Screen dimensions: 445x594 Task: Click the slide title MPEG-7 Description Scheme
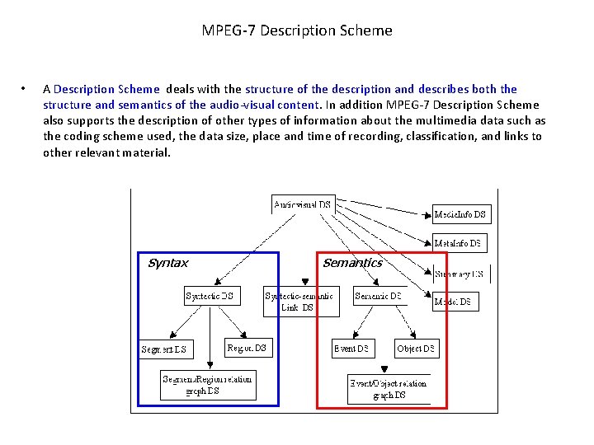pyautogui.click(x=297, y=31)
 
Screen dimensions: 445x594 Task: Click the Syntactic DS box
pyautogui.click(x=211, y=295)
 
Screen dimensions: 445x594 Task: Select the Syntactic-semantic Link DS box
pyautogui.click(x=301, y=302)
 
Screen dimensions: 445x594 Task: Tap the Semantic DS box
pyautogui.click(x=379, y=295)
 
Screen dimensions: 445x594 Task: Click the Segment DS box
pyautogui.click(x=165, y=349)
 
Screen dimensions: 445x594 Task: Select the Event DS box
pyautogui.click(x=352, y=348)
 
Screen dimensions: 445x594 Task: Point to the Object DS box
pyautogui.click(x=417, y=348)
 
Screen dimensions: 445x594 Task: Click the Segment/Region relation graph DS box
pyautogui.click(x=208, y=385)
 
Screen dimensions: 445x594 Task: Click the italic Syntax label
pyautogui.click(x=167, y=264)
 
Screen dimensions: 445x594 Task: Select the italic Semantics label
pyautogui.click(x=352, y=263)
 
